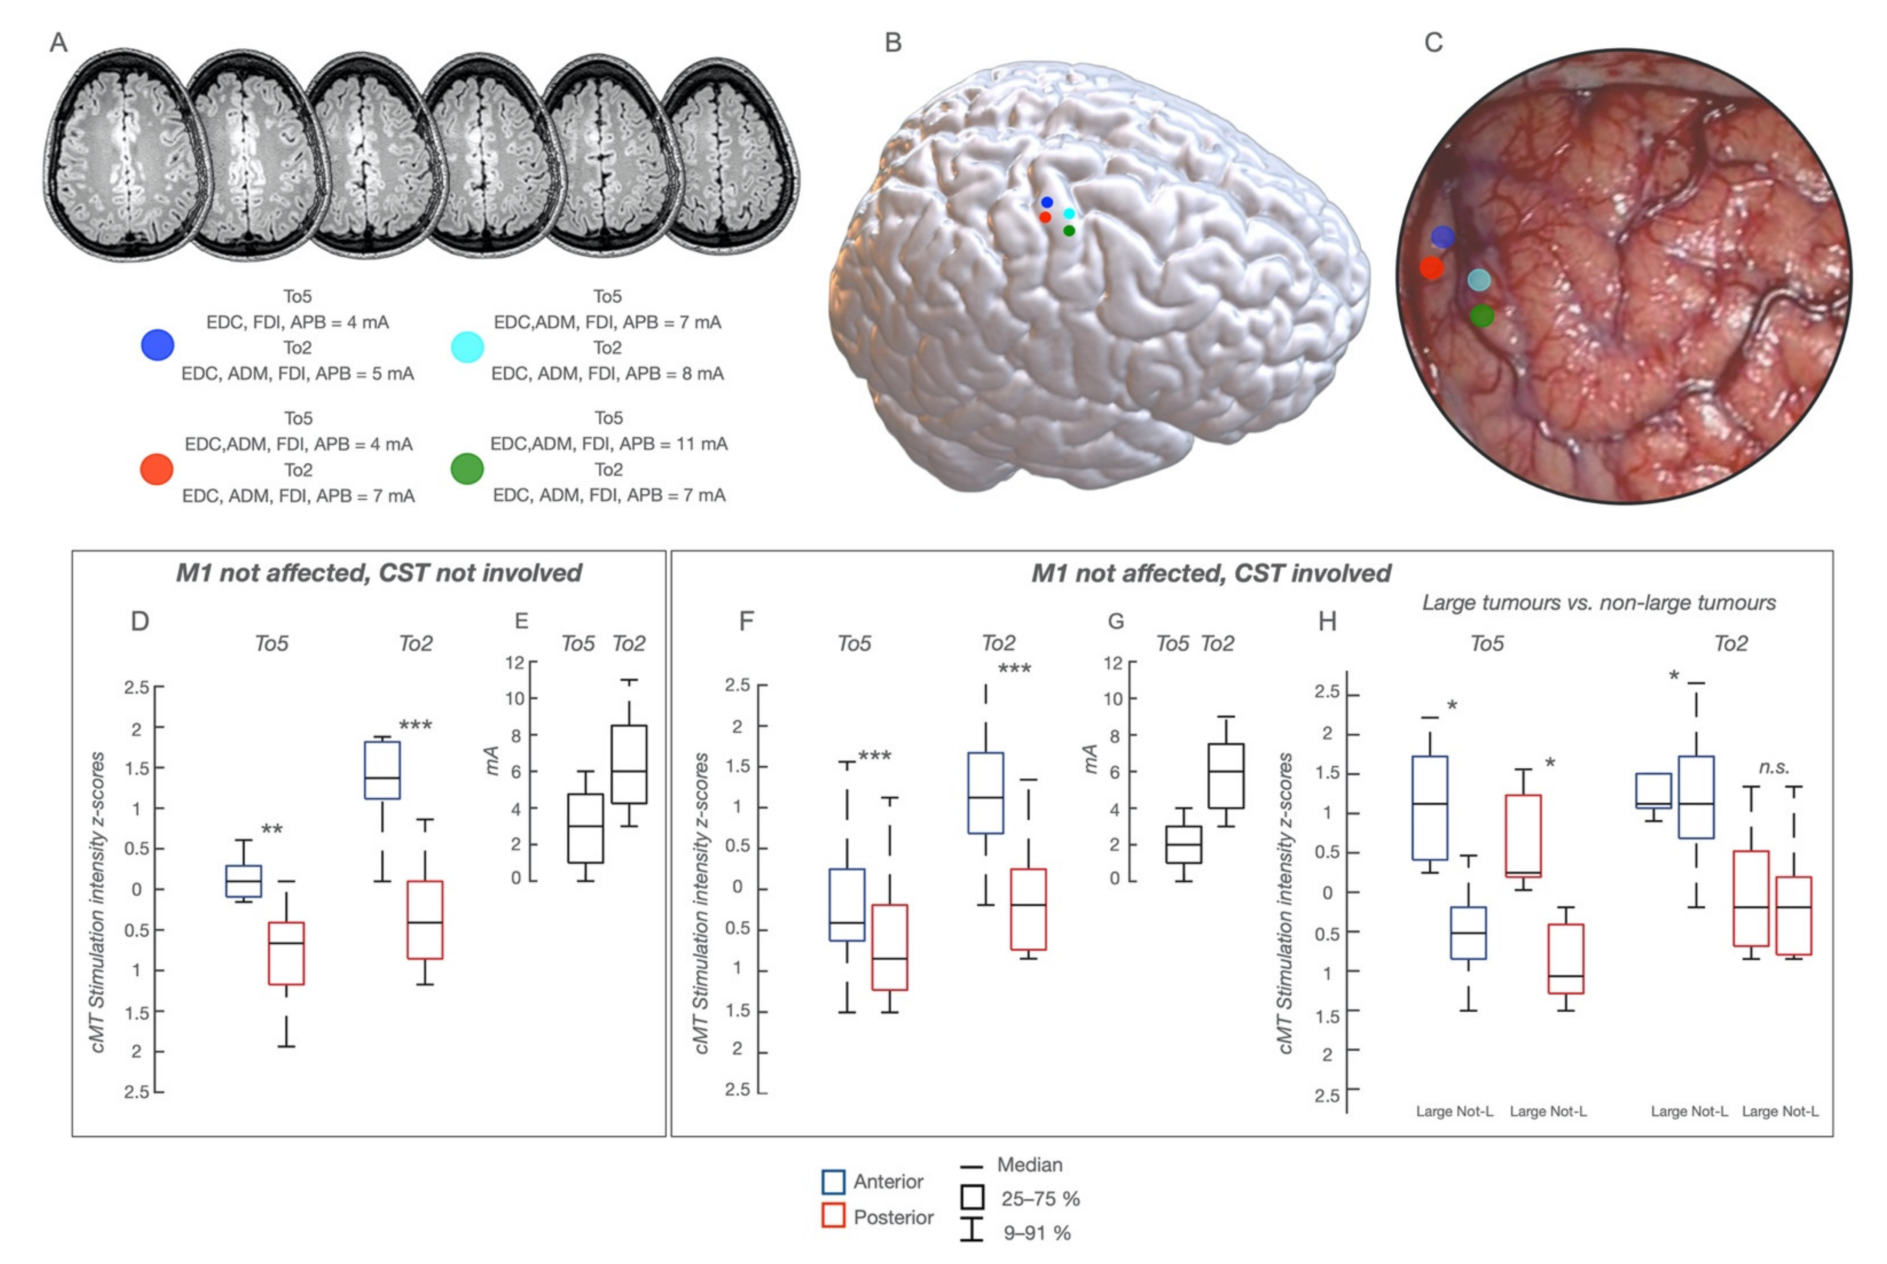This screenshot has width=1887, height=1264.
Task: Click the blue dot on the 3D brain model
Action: (x=1046, y=202)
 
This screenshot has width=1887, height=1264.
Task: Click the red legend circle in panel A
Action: (x=156, y=469)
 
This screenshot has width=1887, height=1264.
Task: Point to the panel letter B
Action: (x=892, y=43)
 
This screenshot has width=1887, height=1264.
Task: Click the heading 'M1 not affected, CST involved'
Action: (x=1211, y=573)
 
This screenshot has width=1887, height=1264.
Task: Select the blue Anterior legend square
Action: (x=832, y=1182)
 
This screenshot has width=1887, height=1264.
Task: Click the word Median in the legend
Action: (x=1029, y=1165)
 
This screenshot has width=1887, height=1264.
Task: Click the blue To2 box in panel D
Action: (x=382, y=770)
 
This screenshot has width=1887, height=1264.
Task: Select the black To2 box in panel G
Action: (x=1225, y=775)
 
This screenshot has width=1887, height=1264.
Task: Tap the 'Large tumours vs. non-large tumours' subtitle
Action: (x=1599, y=603)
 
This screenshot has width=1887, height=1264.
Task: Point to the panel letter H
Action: (x=1327, y=621)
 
